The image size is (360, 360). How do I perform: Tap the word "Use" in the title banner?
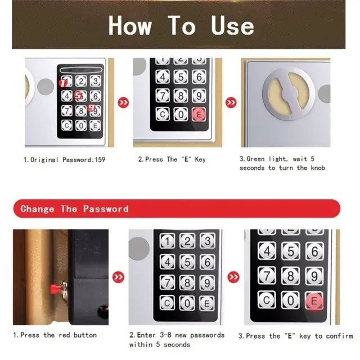[x=232, y=25]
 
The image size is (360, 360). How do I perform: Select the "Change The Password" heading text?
[x=74, y=209]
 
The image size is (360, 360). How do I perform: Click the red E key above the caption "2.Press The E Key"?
[x=198, y=115]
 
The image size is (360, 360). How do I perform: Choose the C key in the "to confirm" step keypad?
[x=267, y=300]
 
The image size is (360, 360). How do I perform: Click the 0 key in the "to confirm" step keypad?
[x=290, y=300]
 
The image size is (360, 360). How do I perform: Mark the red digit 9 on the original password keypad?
[x=91, y=108]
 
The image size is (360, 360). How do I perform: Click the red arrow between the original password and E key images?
[x=122, y=103]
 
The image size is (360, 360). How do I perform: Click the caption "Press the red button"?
[x=55, y=335]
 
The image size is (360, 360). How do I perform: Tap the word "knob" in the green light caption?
[x=316, y=168]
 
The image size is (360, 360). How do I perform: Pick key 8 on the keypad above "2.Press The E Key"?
[x=181, y=95]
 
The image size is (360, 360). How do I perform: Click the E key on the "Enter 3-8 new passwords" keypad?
[x=207, y=303]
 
